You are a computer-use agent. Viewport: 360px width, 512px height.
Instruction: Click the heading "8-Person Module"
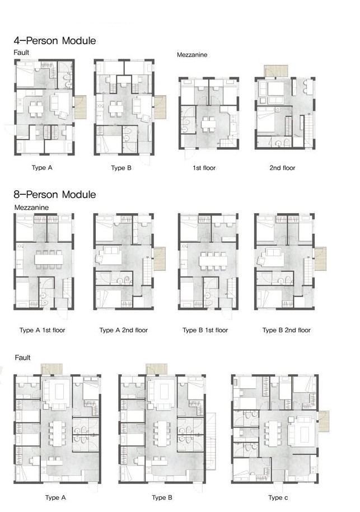click(55, 194)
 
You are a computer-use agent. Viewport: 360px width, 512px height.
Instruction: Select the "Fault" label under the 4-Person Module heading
click(22, 52)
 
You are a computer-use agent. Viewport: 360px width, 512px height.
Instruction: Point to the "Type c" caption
click(279, 497)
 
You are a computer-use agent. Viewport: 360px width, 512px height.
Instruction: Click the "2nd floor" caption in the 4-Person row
click(282, 168)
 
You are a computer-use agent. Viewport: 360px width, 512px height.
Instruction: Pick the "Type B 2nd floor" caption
click(287, 330)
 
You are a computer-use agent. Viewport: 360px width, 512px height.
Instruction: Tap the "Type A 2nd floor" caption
click(124, 330)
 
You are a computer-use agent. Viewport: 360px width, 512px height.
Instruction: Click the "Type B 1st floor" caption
click(205, 330)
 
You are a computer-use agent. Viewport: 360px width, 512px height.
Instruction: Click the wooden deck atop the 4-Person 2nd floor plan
click(275, 71)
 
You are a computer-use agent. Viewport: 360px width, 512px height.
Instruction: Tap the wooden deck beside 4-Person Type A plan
click(81, 107)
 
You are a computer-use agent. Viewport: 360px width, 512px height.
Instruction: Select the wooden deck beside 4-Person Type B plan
click(161, 107)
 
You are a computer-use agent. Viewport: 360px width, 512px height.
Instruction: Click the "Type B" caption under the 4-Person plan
click(121, 168)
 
